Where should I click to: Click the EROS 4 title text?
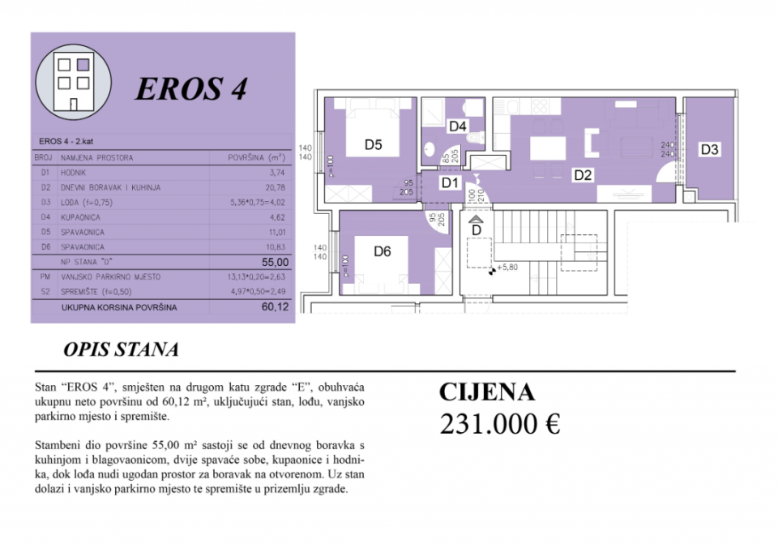pyautogui.click(x=190, y=89)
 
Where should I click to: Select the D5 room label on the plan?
pyautogui.click(x=373, y=146)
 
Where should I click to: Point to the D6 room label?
pyautogui.click(x=383, y=251)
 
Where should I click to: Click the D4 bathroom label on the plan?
pyautogui.click(x=458, y=126)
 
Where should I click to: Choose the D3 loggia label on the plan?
pyautogui.click(x=710, y=149)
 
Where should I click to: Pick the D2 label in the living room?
pyautogui.click(x=583, y=173)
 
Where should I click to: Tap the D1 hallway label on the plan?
pyautogui.click(x=451, y=183)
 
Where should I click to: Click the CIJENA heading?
pyautogui.click(x=487, y=392)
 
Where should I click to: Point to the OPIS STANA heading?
pyautogui.click(x=121, y=349)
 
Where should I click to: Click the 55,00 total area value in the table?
pyautogui.click(x=275, y=262)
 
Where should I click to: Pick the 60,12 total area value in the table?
pyautogui.click(x=275, y=308)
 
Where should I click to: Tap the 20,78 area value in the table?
pyautogui.click(x=275, y=187)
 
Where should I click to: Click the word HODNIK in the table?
pyautogui.click(x=74, y=173)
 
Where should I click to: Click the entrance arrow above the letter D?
pyautogui.click(x=477, y=218)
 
